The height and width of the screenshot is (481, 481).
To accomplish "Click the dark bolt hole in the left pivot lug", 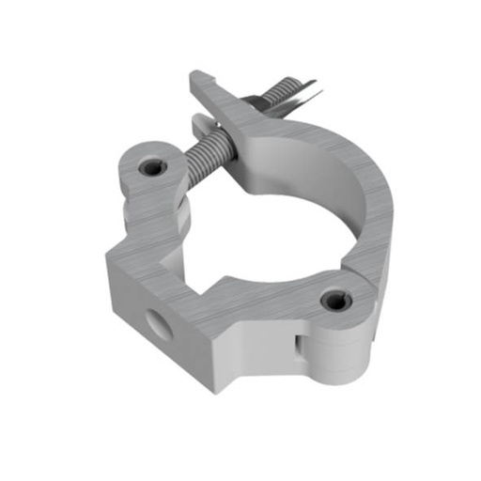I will click(150, 167).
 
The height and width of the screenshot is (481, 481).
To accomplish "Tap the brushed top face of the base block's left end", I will click(141, 258).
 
